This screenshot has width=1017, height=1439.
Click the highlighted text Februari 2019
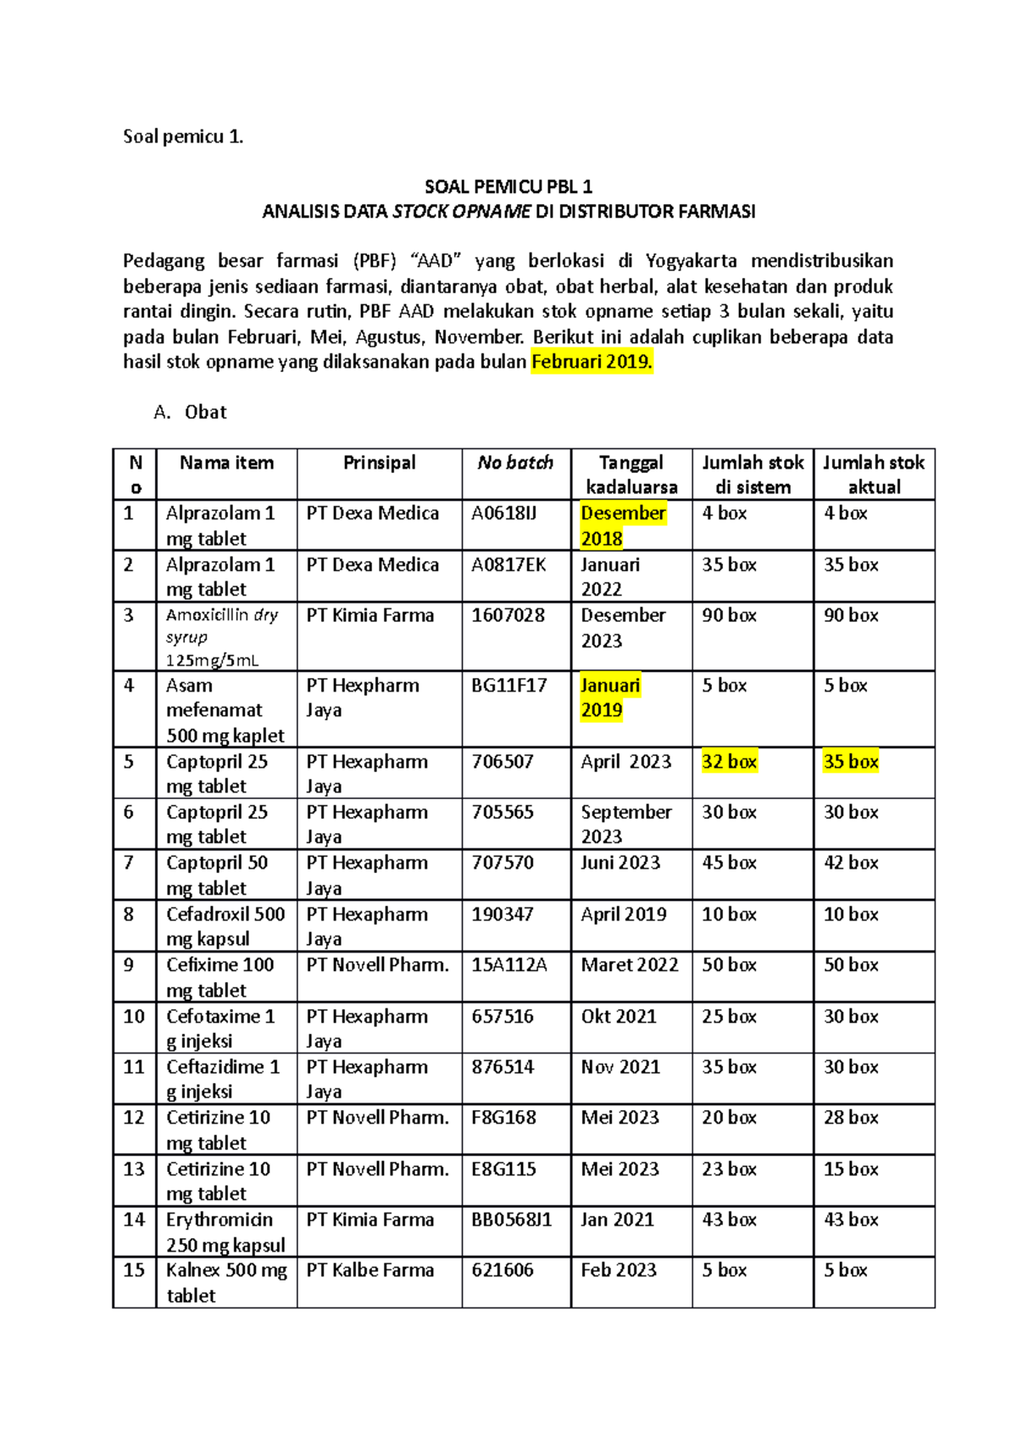[592, 363]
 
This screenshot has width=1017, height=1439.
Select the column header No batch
[515, 463]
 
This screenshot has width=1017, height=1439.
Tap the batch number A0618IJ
[503, 514]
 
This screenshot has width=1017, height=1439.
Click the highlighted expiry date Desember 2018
[623, 525]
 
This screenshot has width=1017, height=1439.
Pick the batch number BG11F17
[508, 686]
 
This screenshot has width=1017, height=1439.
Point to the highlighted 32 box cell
[729, 762]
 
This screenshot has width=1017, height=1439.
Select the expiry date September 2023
[625, 824]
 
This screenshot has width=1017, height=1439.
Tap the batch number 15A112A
[508, 965]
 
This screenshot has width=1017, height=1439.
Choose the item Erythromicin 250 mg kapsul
[225, 1232]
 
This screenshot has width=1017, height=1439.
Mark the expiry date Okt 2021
[619, 1017]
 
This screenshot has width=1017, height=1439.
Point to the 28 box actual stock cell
[851, 1118]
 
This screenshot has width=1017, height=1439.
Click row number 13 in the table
[134, 1170]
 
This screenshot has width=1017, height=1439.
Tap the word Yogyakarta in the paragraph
[691, 261]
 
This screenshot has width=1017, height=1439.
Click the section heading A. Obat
[191, 413]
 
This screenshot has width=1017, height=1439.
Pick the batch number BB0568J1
[511, 1220]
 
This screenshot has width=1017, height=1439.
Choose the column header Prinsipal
[379, 463]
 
